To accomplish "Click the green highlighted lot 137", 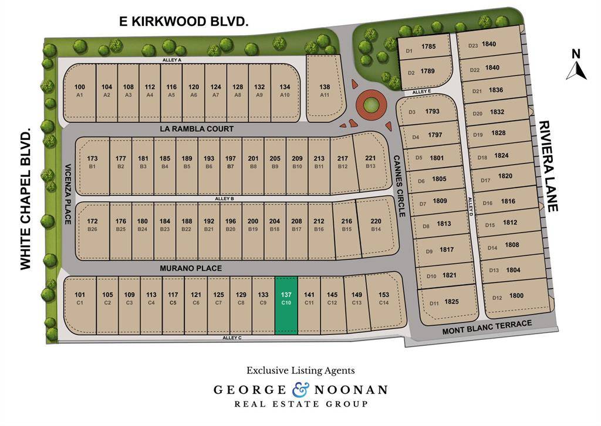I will tap(286, 305).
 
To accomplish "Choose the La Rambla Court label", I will tap(196, 129).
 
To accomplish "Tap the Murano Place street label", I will tap(191, 268).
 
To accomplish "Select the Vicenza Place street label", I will tap(68, 193).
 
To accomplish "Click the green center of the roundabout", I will tap(370, 105).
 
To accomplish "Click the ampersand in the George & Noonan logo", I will tap(300, 389).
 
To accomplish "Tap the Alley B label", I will tap(225, 199).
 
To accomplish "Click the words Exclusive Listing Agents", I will tap(300, 370).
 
